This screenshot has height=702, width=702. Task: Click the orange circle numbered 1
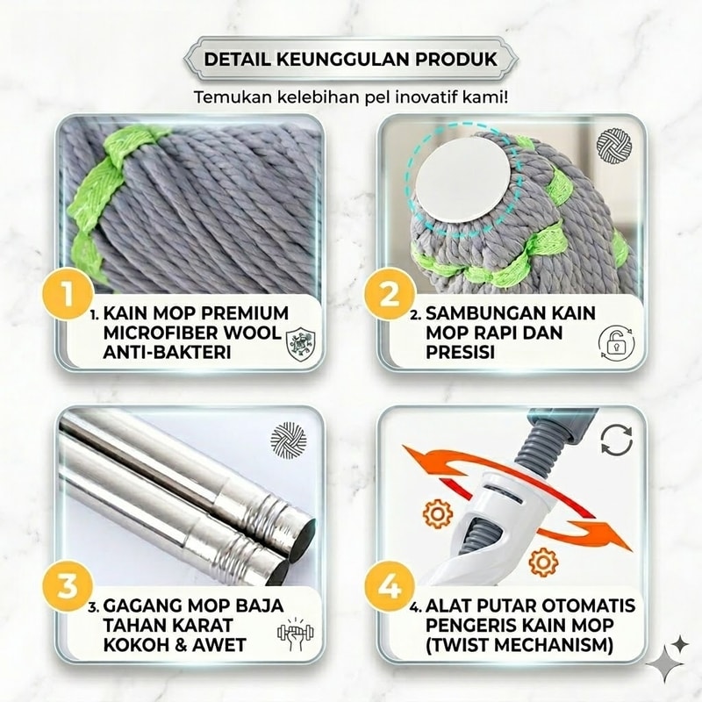click(68, 294)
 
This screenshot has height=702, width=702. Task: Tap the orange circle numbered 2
click(389, 294)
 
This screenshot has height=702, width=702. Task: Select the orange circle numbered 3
click(68, 585)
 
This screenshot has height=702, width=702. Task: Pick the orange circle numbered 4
click(389, 585)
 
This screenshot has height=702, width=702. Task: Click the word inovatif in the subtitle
click(432, 97)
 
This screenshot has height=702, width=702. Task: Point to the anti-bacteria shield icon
click(300, 343)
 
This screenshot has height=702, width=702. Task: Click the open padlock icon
click(617, 343)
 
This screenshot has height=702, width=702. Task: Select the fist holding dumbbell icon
click(295, 634)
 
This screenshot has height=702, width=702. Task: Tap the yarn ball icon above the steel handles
click(290, 440)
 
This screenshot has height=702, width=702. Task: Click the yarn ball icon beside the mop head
click(614, 146)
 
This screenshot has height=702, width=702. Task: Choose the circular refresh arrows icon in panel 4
click(617, 440)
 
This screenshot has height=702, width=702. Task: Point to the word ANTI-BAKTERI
click(167, 353)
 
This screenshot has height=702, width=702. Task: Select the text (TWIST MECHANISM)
click(519, 645)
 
